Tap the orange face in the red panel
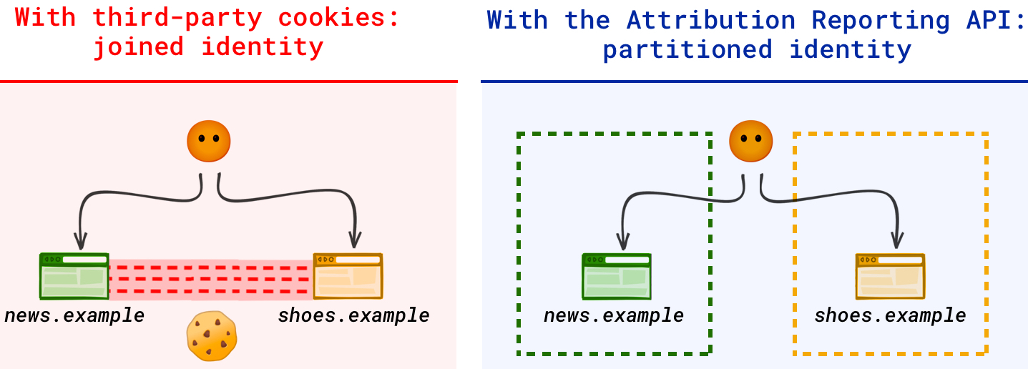(x=208, y=141)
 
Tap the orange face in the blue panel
(x=750, y=141)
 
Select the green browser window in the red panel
(x=74, y=275)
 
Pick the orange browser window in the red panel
(x=348, y=275)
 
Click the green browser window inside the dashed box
(x=616, y=276)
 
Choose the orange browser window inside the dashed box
(x=891, y=276)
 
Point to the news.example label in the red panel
(x=74, y=315)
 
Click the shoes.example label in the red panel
(x=353, y=315)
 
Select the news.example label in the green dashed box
(x=613, y=315)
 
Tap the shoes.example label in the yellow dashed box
(x=890, y=315)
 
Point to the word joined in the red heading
(x=139, y=48)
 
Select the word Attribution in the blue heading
(x=710, y=20)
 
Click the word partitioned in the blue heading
(x=687, y=50)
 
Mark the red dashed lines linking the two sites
(x=211, y=279)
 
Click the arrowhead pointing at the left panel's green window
(x=81, y=242)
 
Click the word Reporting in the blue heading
(x=883, y=20)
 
